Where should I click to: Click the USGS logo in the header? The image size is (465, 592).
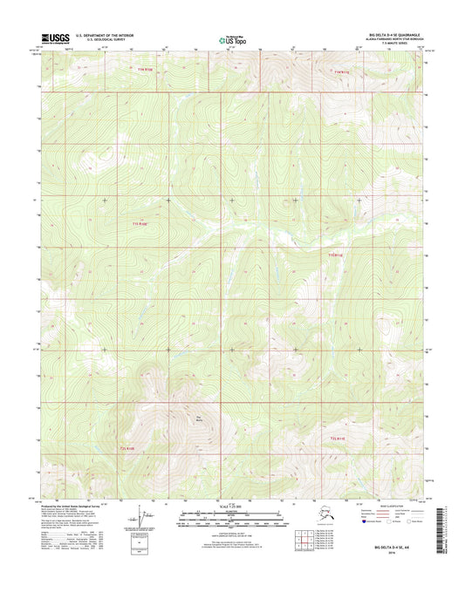53,37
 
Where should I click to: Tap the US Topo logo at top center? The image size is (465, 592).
231,38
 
